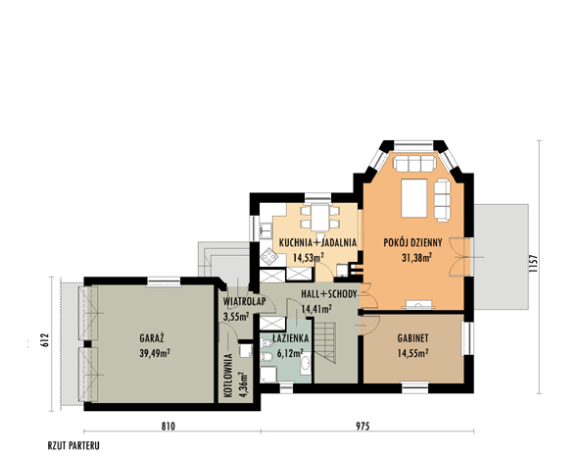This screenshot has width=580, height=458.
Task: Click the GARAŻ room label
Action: [152, 337]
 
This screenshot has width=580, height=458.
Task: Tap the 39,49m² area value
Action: [155, 353]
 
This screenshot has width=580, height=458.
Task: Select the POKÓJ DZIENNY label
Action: [412, 242]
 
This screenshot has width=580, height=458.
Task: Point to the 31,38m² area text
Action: [417, 258]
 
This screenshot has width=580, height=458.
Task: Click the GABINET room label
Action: [412, 338]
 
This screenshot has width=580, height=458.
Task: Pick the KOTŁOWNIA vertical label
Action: [228, 376]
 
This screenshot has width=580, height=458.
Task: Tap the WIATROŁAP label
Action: [244, 301]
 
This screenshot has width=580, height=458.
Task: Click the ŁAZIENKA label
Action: [290, 338]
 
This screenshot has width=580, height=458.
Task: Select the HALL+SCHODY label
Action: [329, 294]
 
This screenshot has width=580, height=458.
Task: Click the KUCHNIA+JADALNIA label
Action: [317, 243]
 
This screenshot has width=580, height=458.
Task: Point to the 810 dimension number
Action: [168, 427]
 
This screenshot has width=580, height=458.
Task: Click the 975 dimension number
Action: [362, 427]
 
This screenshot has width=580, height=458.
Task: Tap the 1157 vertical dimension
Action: [533, 263]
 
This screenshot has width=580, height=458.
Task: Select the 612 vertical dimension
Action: [44, 340]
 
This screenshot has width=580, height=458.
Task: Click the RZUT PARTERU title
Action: [73, 445]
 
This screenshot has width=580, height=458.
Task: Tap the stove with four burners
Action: [268, 257]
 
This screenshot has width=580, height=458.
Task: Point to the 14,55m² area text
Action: [412, 353]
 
